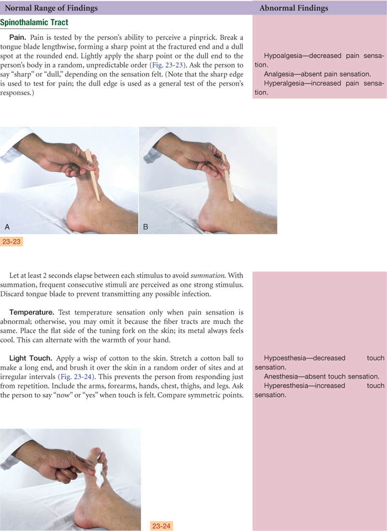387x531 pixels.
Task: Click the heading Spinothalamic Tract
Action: [x=34, y=23]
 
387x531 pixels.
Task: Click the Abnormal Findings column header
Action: [x=294, y=8]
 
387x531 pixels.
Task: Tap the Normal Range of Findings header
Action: [x=51, y=8]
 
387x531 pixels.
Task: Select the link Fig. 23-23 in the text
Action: [x=168, y=65]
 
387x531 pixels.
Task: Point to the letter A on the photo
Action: [x=7, y=227]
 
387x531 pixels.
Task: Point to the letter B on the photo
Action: [x=146, y=227]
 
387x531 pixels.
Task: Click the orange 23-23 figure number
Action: [x=12, y=242]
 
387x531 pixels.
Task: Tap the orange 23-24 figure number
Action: [x=161, y=526]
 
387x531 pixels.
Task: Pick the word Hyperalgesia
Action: [x=283, y=83]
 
